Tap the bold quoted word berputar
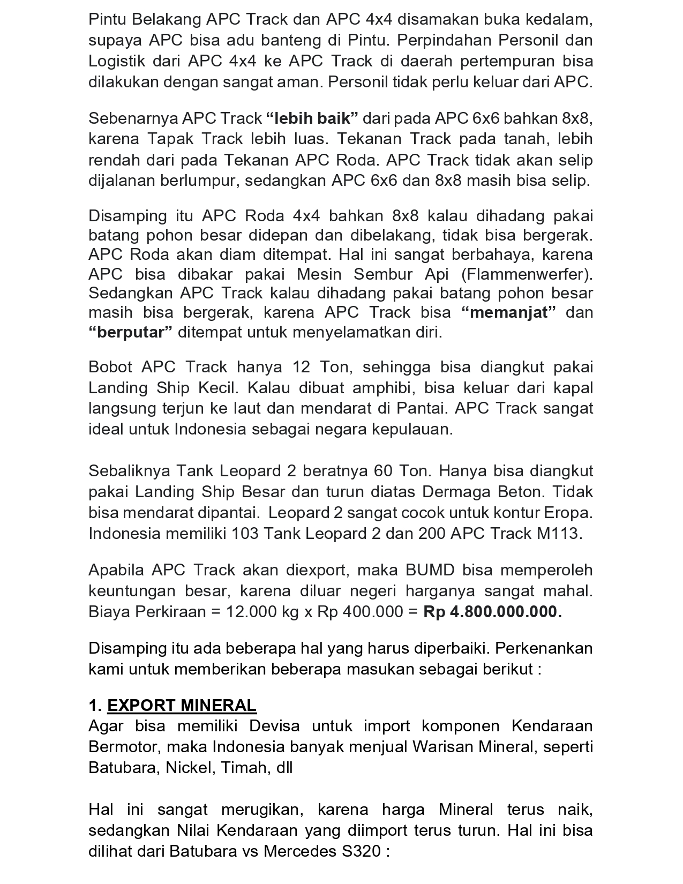131,333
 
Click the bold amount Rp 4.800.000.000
492,612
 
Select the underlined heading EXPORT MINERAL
182,706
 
